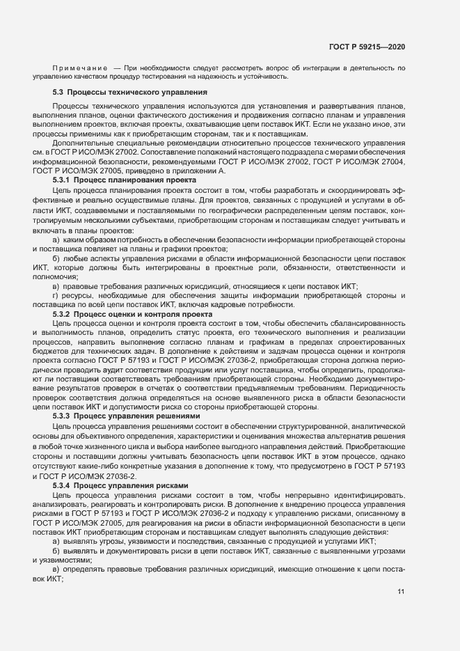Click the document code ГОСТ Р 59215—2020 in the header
click(x=367, y=46)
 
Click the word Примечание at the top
click(x=79, y=68)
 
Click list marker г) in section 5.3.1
click(x=56, y=296)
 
